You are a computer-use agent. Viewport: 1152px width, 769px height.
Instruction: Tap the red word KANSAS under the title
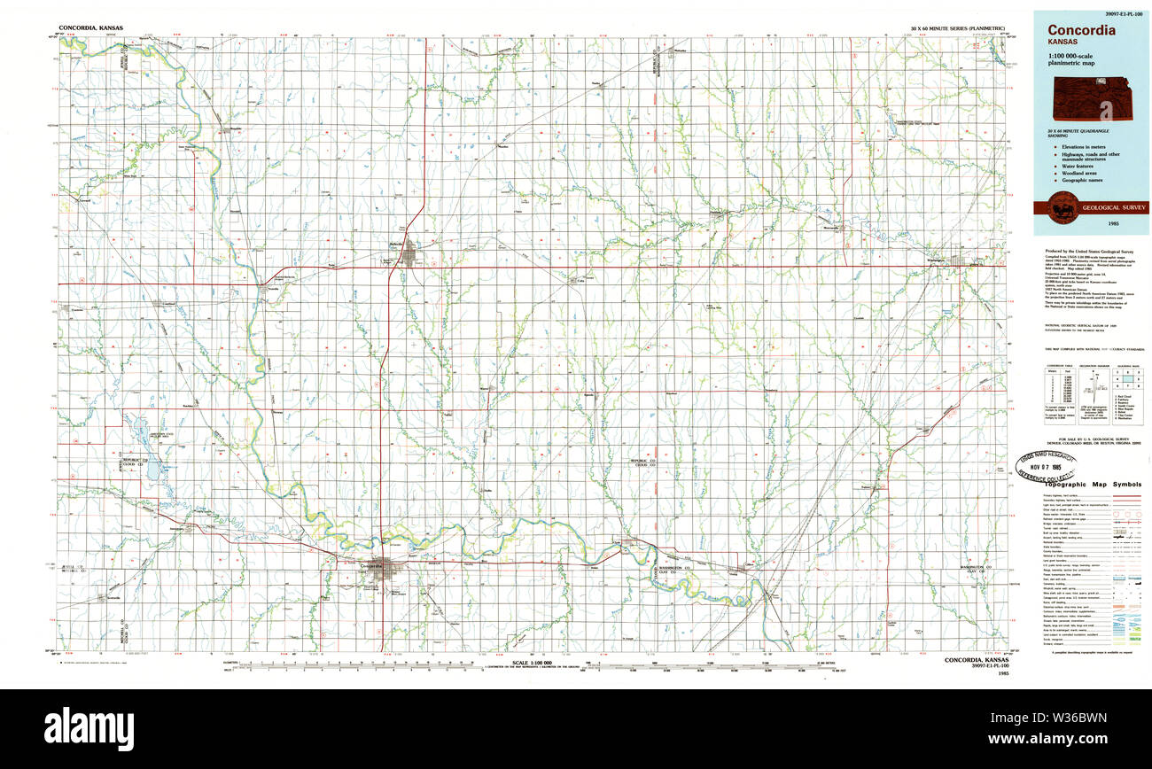point(1062,43)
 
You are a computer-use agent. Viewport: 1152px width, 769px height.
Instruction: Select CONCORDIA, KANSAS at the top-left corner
point(91,28)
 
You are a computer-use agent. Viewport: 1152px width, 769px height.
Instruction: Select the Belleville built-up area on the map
point(409,255)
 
